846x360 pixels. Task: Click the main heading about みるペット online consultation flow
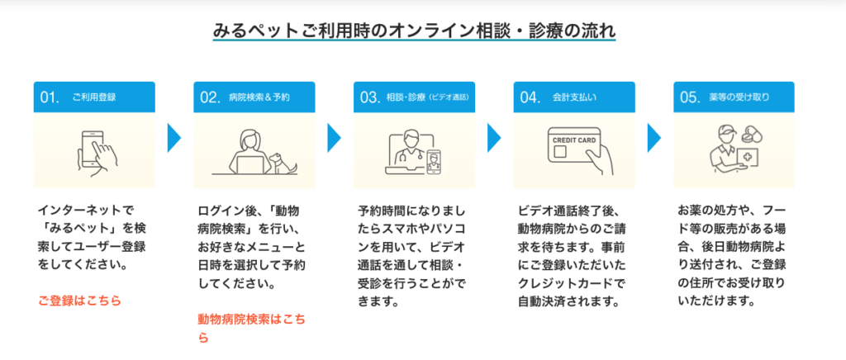point(413,32)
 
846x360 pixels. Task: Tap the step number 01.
point(50,97)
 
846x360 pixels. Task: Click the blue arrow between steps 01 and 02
point(173,137)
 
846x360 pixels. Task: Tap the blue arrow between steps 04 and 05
point(654,137)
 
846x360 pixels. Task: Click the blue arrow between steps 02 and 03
point(334,137)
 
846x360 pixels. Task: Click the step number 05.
point(690,97)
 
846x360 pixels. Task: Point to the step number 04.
point(530,97)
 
